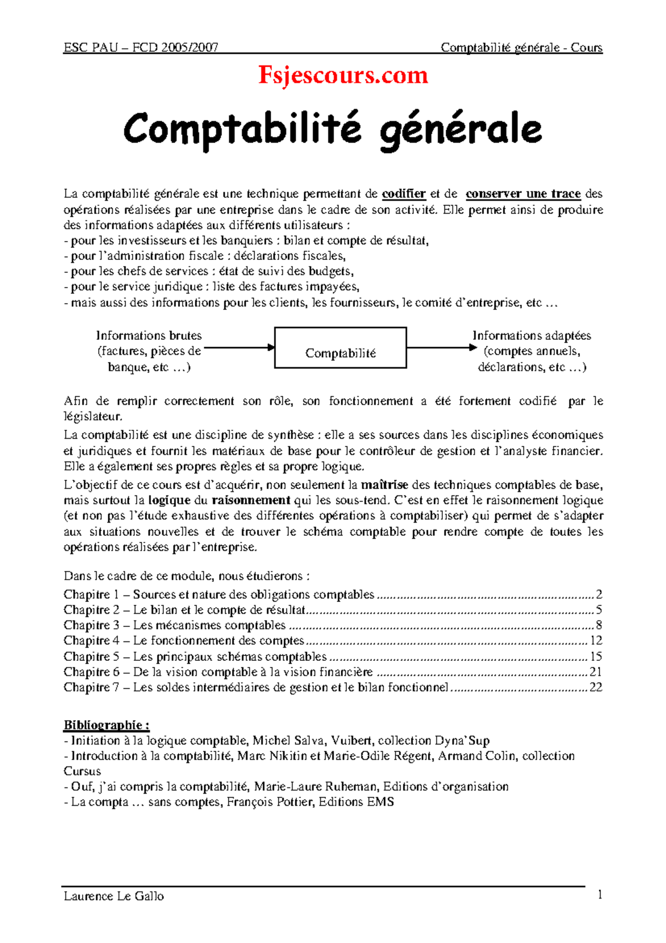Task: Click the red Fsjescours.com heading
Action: [343, 76]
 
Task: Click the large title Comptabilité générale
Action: [332, 129]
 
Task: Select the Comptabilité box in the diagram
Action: [340, 348]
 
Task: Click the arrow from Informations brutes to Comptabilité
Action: [239, 348]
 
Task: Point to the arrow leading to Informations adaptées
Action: [441, 348]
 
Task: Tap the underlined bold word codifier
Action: [404, 194]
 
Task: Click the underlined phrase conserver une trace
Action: [523, 194]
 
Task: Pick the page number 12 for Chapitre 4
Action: [596, 641]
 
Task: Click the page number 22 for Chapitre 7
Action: [596, 688]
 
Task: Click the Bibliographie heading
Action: [106, 725]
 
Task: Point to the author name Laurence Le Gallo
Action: [114, 896]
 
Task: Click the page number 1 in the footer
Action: [599, 895]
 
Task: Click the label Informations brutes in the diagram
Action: [149, 336]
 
